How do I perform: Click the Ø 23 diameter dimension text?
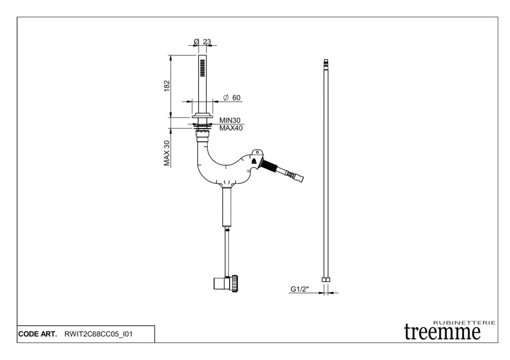[x=202, y=42]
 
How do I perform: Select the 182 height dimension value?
[x=167, y=86]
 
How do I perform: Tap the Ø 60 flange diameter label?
[x=232, y=98]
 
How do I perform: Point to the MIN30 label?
[x=230, y=120]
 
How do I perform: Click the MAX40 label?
[x=231, y=128]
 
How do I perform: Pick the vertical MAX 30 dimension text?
[x=167, y=153]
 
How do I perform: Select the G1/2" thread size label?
[x=299, y=289]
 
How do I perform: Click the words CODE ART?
[x=37, y=334]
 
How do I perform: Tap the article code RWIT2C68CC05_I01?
[x=99, y=334]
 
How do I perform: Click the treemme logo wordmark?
[x=442, y=332]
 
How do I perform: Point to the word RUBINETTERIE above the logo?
[x=465, y=323]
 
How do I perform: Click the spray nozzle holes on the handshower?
[x=203, y=68]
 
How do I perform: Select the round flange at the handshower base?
[x=202, y=116]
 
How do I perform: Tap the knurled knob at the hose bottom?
[x=235, y=283]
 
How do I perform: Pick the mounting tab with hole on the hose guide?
[x=257, y=152]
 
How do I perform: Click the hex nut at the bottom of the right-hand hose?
[x=326, y=280]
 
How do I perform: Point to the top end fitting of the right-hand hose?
[x=326, y=64]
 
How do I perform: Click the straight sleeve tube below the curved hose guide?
[x=227, y=207]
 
